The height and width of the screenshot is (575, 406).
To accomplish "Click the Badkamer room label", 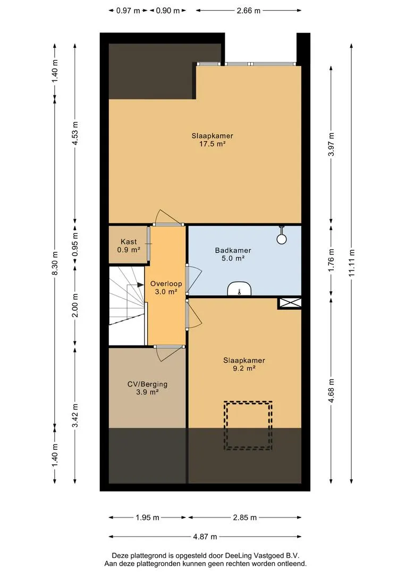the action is tap(233, 250).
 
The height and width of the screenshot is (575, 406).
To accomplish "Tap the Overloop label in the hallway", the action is tap(166, 283).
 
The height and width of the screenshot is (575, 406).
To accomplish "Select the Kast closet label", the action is tap(129, 242).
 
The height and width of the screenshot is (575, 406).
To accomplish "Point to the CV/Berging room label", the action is tap(147, 384).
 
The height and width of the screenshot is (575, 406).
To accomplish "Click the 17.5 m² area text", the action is tap(213, 144).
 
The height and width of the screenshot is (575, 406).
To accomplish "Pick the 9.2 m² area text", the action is tap(244, 368).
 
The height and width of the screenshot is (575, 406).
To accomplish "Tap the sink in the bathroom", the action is tap(240, 289).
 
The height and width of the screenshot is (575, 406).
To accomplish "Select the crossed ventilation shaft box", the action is tap(290, 303).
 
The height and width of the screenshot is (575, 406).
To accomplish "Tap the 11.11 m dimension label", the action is tap(352, 262).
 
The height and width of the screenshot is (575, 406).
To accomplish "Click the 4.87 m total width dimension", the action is tap(205, 537).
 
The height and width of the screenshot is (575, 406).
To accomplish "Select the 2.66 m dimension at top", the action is tap(249, 11).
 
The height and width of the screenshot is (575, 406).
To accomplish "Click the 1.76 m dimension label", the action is tap(331, 260).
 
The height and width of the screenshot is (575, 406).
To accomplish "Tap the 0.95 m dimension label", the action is tap(75, 244).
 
